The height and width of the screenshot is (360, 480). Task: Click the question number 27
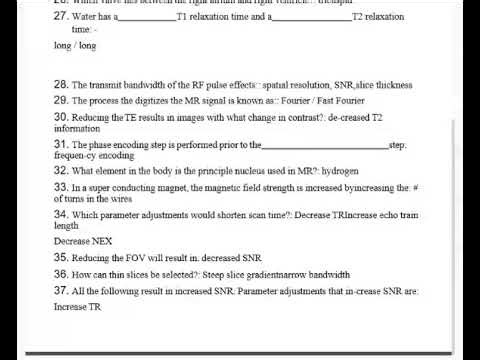pos(61,17)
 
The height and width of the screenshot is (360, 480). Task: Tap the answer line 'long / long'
pos(69,46)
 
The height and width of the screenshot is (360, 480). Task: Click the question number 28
pos(61,85)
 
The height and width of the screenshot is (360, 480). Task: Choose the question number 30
pos(61,117)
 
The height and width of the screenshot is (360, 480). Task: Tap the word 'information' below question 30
pos(77,129)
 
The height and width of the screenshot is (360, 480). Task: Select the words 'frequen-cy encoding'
pos(87,157)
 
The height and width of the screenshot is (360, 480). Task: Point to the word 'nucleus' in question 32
pos(244,171)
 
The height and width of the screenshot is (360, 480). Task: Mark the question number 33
pos(61,187)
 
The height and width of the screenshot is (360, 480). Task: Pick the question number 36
pos(61,274)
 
